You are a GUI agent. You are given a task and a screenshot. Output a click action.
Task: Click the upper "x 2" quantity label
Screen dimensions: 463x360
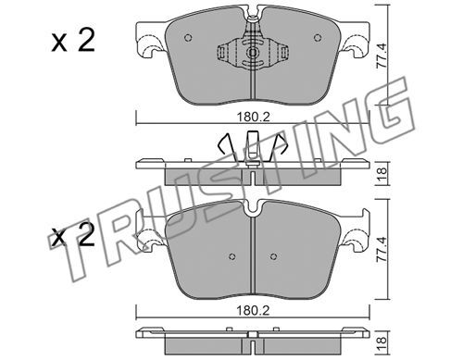tap(73, 41)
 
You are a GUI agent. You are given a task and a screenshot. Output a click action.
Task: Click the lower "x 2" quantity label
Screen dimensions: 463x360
tap(73, 237)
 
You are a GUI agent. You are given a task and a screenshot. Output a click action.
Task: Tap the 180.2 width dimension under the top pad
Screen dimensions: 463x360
tap(253, 118)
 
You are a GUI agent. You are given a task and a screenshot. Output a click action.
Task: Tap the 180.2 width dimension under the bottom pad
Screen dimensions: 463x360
tap(253, 311)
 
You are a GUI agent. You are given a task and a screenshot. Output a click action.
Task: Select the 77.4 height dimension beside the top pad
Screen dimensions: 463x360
tap(382, 56)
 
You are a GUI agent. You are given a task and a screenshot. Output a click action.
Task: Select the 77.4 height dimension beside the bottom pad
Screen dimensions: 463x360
tap(382, 249)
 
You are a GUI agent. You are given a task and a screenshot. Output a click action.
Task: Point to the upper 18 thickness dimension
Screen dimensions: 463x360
tap(382, 175)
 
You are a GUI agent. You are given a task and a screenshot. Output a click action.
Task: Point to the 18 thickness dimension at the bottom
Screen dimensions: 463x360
tap(382, 341)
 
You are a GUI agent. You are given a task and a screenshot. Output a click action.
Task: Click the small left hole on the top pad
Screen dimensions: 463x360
tap(188, 38)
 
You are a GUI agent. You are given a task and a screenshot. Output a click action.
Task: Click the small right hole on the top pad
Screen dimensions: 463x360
tap(318, 38)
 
